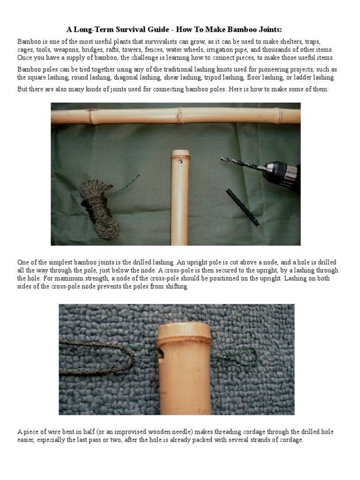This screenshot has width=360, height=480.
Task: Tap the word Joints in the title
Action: [x=267, y=30]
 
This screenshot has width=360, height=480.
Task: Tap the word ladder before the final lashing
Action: [x=300, y=77]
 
